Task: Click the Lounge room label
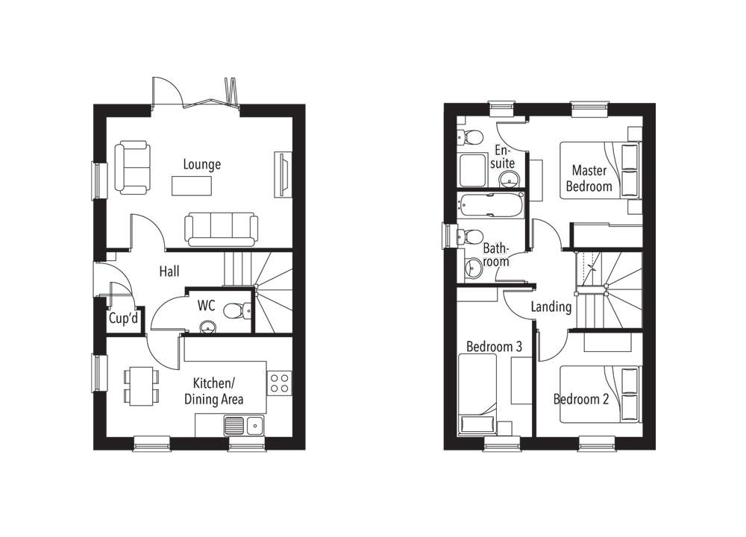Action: tap(201, 164)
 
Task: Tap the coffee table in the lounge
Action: tap(192, 185)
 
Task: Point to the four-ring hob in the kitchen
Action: tap(280, 383)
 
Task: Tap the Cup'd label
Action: tap(123, 319)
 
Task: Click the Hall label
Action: tap(169, 272)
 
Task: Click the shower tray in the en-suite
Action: tap(472, 171)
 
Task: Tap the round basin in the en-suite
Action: tap(509, 179)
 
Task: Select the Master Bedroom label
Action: tap(589, 178)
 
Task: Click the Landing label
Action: tap(551, 307)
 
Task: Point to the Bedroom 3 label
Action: tap(494, 347)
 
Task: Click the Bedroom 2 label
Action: tap(581, 399)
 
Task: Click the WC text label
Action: tap(207, 306)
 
